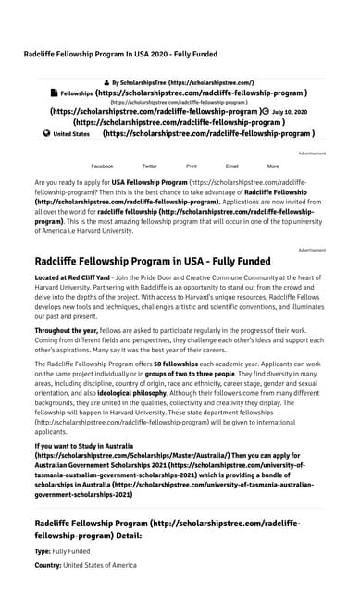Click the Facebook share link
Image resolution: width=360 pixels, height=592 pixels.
pos(102,166)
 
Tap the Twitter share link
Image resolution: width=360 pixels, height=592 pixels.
pos(150,166)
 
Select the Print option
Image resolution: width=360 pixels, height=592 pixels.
pos(192,166)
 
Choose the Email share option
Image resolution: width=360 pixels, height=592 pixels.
pos(232,166)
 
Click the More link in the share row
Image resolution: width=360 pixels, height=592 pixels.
pos(273,166)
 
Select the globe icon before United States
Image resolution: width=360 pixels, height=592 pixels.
pos(46,133)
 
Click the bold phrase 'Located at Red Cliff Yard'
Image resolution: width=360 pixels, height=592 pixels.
pos(71,277)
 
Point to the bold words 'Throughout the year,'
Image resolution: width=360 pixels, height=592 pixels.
pos(66,330)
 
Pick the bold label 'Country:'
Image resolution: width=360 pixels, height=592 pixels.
pos(48,565)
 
